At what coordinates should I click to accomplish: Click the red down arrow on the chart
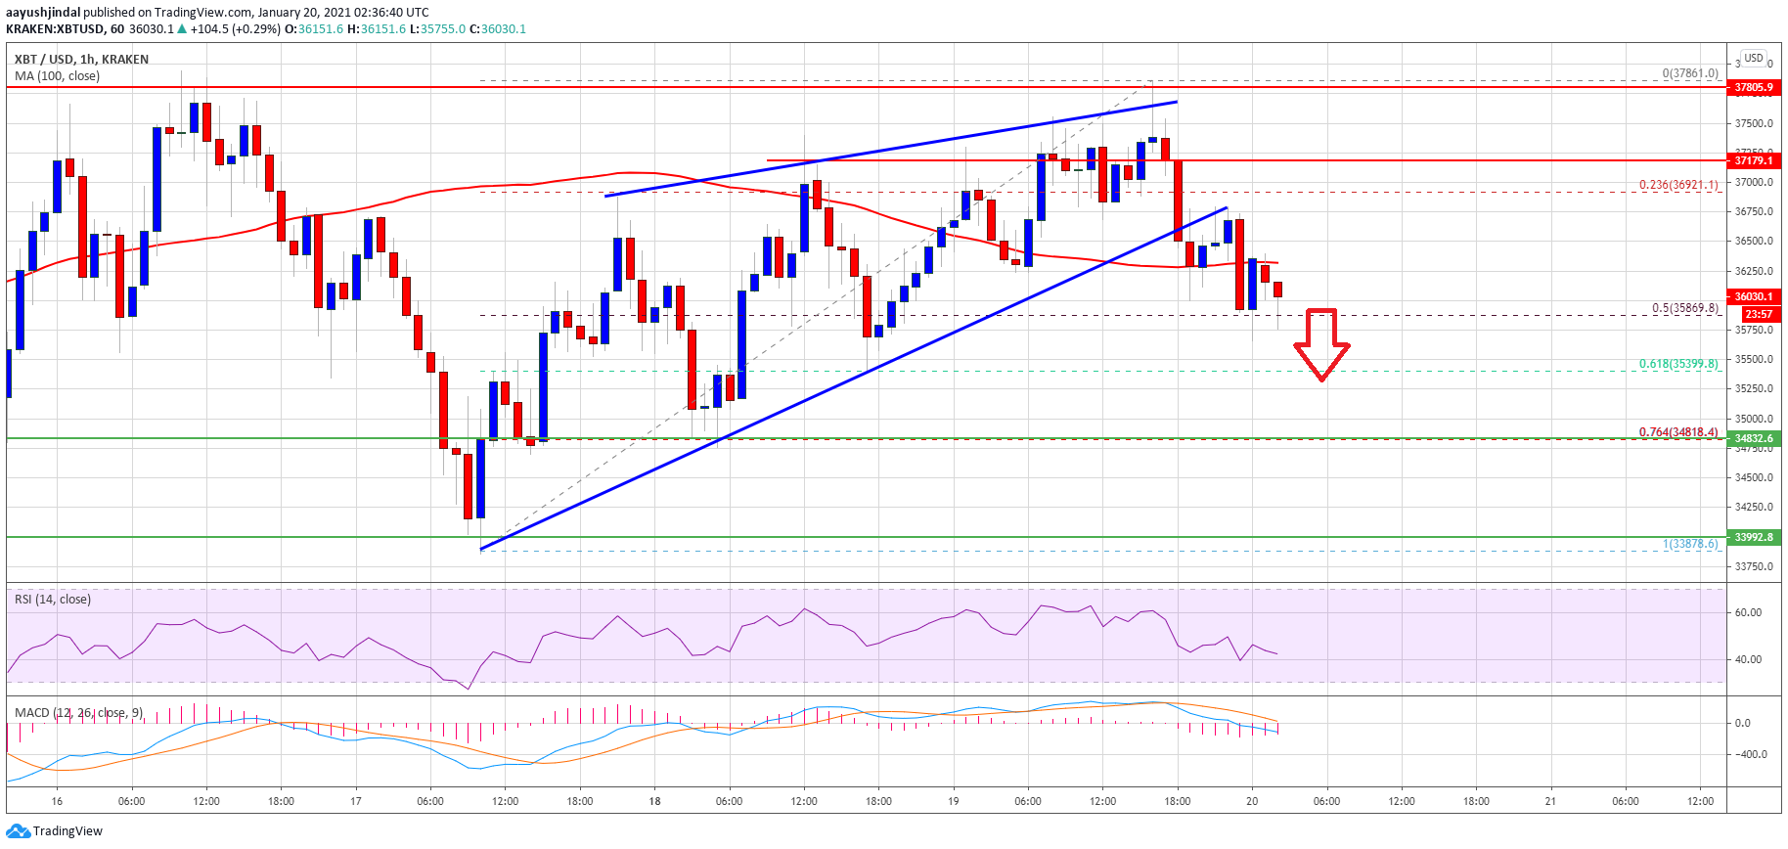pyautogui.click(x=1321, y=344)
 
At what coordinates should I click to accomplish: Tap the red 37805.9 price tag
pyautogui.click(x=1753, y=87)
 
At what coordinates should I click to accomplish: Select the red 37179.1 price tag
pyautogui.click(x=1753, y=160)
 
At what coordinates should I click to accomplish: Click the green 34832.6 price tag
pyautogui.click(x=1753, y=438)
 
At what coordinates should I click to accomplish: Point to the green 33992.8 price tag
pyautogui.click(x=1753, y=537)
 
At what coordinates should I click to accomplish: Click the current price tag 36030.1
pyautogui.click(x=1753, y=296)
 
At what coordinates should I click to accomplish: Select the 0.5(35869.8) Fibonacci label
pyautogui.click(x=1684, y=308)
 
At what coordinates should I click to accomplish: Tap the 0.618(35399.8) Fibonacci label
pyautogui.click(x=1678, y=364)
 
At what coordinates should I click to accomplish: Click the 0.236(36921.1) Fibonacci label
pyautogui.click(x=1678, y=185)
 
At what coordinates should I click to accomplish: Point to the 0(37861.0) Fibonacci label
pyautogui.click(x=1690, y=73)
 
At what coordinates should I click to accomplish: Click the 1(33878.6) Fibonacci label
pyautogui.click(x=1690, y=544)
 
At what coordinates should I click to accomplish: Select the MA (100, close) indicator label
pyautogui.click(x=57, y=76)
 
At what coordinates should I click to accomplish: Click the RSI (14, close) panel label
pyautogui.click(x=53, y=600)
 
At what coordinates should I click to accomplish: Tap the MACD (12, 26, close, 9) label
pyautogui.click(x=79, y=712)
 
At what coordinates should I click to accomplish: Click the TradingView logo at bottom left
pyautogui.click(x=55, y=831)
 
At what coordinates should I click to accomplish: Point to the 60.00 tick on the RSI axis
pyautogui.click(x=1748, y=613)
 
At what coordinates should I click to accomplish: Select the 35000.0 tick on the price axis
pyautogui.click(x=1754, y=419)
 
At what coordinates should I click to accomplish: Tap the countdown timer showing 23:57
pyautogui.click(x=1758, y=314)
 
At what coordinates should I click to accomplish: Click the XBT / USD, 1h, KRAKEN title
pyautogui.click(x=82, y=60)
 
